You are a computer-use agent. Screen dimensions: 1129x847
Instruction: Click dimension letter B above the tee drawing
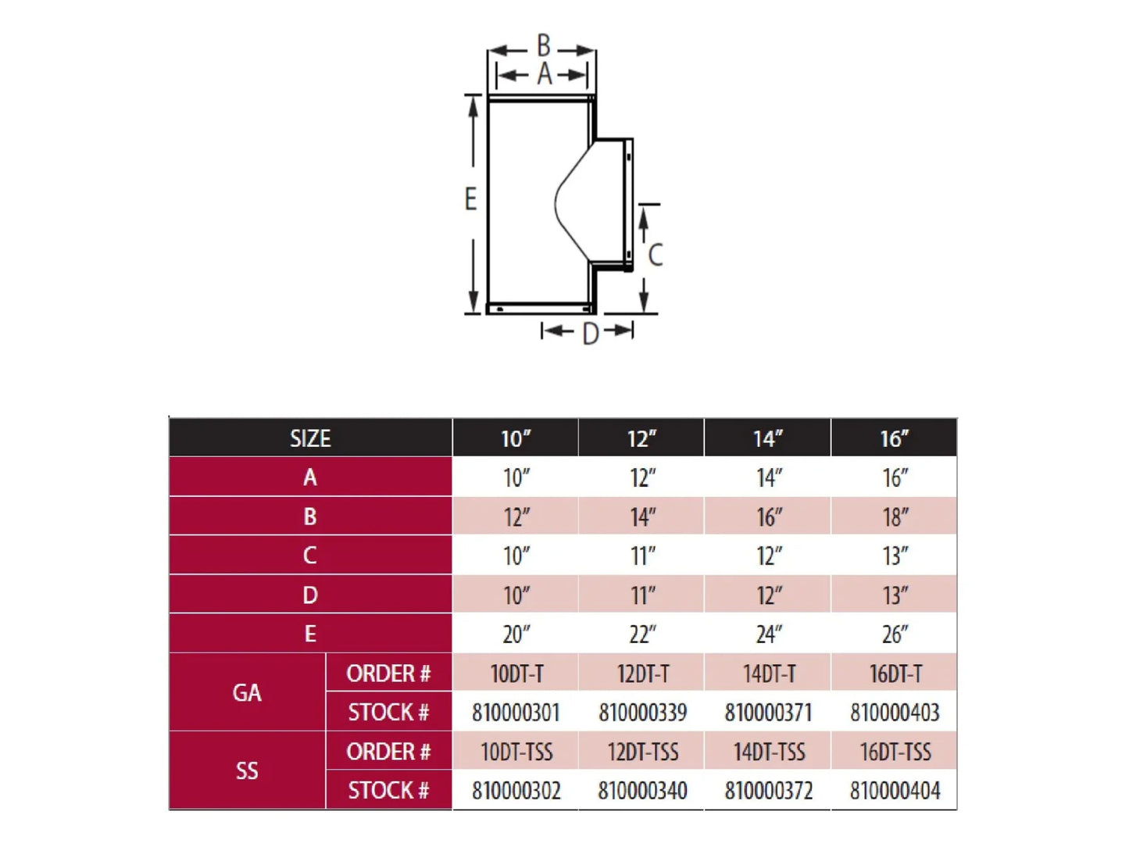tap(543, 45)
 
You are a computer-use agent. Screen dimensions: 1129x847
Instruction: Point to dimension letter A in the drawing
tap(545, 74)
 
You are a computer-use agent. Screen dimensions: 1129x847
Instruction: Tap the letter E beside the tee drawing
tap(470, 199)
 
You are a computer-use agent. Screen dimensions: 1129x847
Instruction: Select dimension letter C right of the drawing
tap(655, 255)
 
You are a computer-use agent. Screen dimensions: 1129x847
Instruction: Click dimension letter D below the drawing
tap(591, 334)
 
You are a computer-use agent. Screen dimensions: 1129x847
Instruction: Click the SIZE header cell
tap(310, 438)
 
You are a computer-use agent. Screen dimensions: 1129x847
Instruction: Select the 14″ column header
tap(768, 438)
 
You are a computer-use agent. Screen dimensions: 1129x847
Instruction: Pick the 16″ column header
tap(895, 438)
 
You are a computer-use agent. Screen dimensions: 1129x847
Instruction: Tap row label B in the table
tap(309, 516)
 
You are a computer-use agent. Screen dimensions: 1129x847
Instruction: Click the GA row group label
tap(247, 692)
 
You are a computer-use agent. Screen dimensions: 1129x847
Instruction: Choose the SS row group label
tap(247, 770)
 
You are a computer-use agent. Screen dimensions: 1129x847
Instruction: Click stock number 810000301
tap(516, 713)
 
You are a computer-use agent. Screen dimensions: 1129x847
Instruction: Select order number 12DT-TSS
tap(643, 752)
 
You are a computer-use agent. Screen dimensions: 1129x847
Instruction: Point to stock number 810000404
tap(895, 791)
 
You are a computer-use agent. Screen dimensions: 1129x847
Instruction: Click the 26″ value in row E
tap(895, 634)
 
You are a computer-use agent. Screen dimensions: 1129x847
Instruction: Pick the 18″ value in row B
tap(895, 516)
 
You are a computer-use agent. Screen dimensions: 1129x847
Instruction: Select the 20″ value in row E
tap(516, 634)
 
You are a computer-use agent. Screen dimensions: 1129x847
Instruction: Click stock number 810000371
tap(769, 713)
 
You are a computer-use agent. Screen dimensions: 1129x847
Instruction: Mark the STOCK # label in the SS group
tap(388, 790)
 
